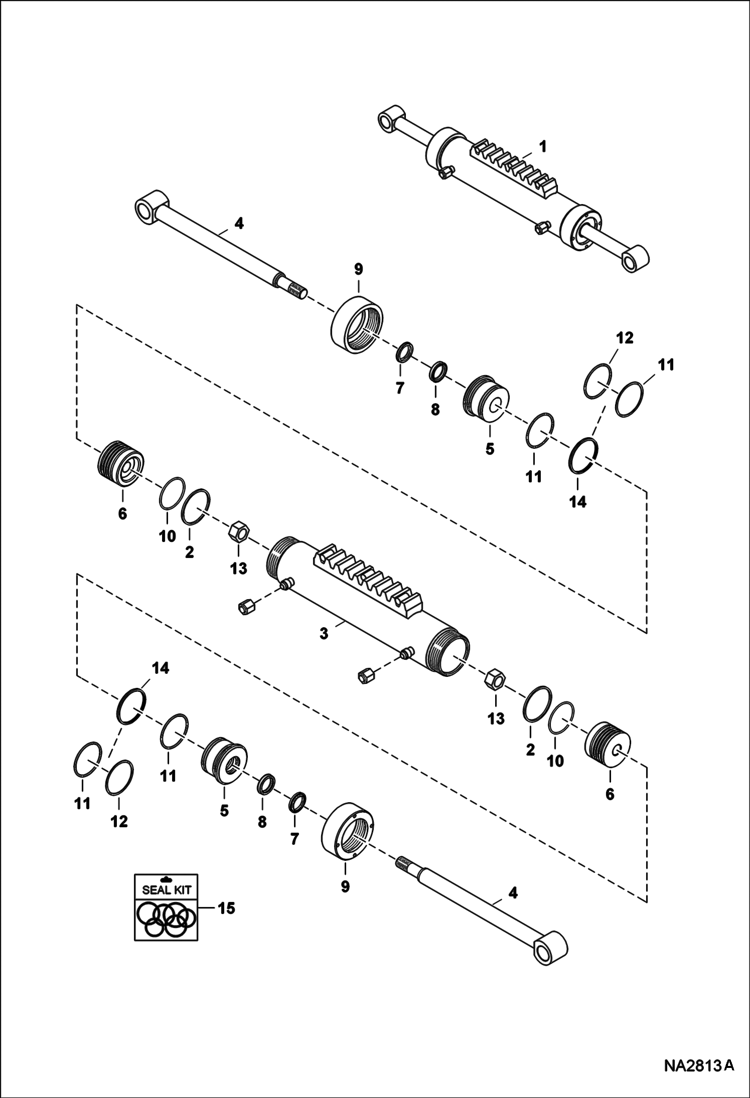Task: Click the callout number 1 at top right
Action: point(542,147)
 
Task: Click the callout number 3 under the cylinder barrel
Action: point(324,634)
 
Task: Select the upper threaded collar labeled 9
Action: point(358,323)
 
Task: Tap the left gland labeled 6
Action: point(121,464)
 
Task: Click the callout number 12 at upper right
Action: point(625,338)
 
